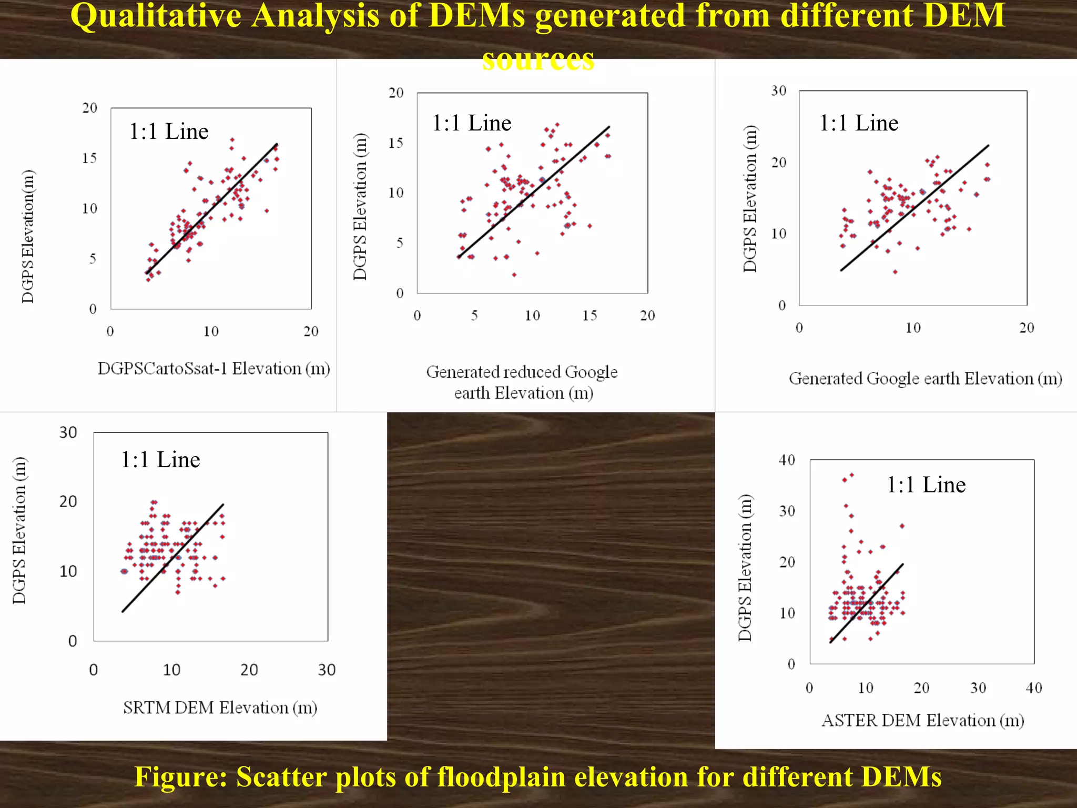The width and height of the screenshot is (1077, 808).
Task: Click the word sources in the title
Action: [538, 59]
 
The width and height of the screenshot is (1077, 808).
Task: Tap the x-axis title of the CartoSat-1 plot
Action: [214, 368]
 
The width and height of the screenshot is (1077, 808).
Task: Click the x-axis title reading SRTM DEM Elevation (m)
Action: [220, 708]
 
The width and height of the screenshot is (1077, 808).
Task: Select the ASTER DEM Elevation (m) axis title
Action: [922, 720]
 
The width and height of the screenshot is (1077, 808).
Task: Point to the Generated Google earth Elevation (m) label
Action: [925, 379]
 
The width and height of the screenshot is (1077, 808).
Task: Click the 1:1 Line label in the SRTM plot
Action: [160, 460]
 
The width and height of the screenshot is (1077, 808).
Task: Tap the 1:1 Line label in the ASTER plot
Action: [926, 484]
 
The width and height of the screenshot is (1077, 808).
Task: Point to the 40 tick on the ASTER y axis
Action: [787, 460]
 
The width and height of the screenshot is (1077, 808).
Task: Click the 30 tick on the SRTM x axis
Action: [327, 670]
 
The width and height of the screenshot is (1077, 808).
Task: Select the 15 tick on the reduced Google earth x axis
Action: [590, 316]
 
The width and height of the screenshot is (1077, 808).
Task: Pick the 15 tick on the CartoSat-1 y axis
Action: [89, 158]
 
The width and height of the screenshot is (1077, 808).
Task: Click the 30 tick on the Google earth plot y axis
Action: [779, 91]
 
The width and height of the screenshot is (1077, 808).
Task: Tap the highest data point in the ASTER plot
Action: [851, 475]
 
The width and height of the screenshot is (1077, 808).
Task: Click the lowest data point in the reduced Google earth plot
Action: [514, 275]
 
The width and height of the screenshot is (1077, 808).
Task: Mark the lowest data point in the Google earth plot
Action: [895, 272]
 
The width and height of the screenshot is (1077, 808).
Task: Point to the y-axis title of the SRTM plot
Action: [19, 530]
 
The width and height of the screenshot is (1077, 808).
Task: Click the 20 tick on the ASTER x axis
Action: [921, 688]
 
